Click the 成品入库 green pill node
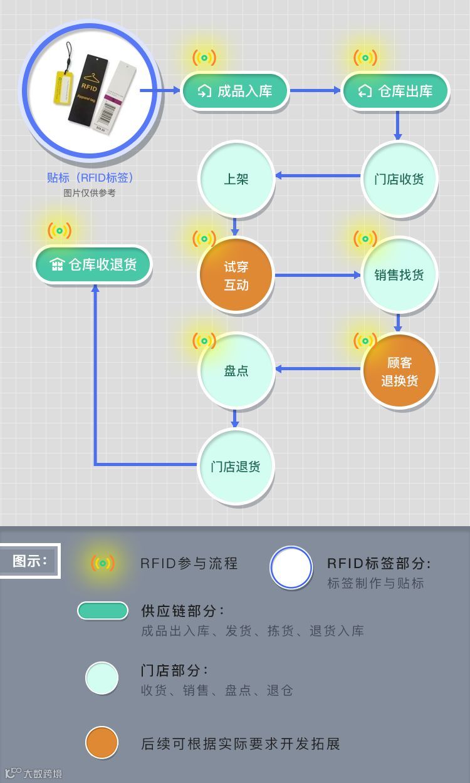(x=235, y=91)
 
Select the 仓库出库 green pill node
(x=395, y=91)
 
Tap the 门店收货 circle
(x=399, y=179)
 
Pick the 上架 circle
(x=236, y=179)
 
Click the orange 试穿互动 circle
(x=236, y=276)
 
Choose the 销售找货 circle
(x=399, y=275)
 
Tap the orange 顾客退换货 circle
(x=399, y=371)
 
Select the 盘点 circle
(x=236, y=371)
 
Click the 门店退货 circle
(x=236, y=467)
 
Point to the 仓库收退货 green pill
(x=93, y=264)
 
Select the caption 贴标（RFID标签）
(x=90, y=178)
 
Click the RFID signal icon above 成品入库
(x=204, y=58)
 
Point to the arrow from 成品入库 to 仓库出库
(x=315, y=91)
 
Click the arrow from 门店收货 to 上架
(x=318, y=176)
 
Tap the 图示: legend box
(x=29, y=561)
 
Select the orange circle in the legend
(x=102, y=743)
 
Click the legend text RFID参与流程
(x=189, y=563)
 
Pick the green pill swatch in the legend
(x=103, y=611)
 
